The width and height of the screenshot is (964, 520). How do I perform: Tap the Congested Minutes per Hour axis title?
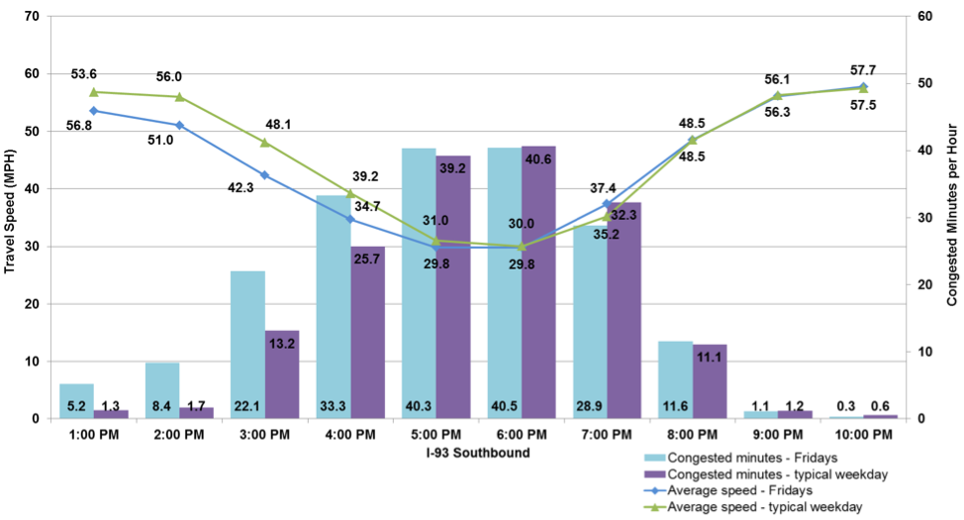[952, 218]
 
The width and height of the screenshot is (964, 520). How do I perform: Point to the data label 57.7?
[862, 70]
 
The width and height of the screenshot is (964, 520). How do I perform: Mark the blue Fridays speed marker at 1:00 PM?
[94, 111]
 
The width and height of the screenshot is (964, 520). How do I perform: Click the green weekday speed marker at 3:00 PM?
[264, 143]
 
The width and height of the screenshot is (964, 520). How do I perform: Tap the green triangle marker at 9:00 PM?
[777, 96]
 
